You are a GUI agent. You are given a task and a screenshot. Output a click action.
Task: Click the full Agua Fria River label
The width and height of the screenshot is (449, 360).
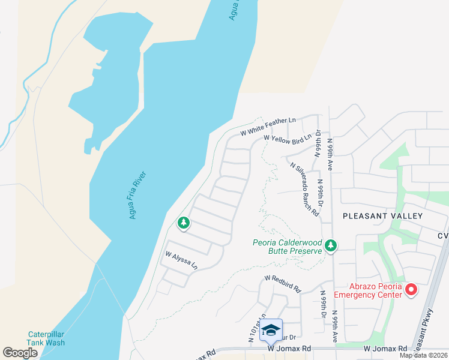[x=138, y=195]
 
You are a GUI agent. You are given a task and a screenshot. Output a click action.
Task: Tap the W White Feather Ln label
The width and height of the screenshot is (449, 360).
[x=268, y=126]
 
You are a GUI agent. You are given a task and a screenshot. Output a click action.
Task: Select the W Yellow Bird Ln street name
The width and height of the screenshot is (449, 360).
[x=288, y=140]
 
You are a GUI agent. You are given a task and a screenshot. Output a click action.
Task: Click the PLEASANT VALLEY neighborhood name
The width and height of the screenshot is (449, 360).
[x=382, y=216]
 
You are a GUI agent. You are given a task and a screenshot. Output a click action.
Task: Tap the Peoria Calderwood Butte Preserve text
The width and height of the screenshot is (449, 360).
[x=287, y=247]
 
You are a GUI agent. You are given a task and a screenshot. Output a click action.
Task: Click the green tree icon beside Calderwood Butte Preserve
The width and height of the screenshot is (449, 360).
[x=331, y=245]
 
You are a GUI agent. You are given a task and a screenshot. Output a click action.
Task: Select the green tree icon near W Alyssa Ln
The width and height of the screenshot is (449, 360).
[x=184, y=224]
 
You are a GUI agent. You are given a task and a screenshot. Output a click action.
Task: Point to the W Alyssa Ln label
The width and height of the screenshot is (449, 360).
[x=181, y=261]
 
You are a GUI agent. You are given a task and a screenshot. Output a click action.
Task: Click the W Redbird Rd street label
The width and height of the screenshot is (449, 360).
[x=282, y=284]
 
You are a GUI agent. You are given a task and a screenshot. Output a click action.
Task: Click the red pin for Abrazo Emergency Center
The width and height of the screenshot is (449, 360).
[x=411, y=290]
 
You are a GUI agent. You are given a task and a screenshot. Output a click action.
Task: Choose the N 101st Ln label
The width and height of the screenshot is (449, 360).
[x=256, y=329]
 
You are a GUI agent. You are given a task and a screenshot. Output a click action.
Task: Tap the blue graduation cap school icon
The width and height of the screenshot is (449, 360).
[x=271, y=329]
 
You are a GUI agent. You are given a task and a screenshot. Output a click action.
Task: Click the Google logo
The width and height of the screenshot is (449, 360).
[x=20, y=353]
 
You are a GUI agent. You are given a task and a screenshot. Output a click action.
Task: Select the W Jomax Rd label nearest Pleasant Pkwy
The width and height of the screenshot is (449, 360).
[x=385, y=349]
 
